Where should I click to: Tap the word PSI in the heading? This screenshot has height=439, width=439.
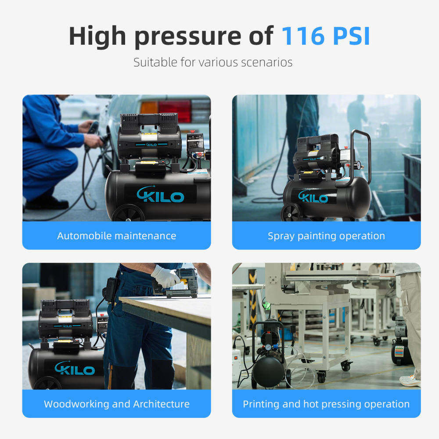[349, 36]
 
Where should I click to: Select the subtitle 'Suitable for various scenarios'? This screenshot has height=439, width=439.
[213, 62]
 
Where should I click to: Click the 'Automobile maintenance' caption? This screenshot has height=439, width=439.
[116, 236]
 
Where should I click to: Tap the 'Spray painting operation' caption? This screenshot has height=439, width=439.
[326, 236]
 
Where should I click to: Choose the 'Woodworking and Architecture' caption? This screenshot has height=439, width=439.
[116, 404]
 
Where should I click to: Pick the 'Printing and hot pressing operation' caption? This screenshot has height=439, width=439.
[326, 404]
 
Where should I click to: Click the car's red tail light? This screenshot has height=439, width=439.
[175, 111]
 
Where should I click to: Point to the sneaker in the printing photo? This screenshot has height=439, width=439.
[410, 381]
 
